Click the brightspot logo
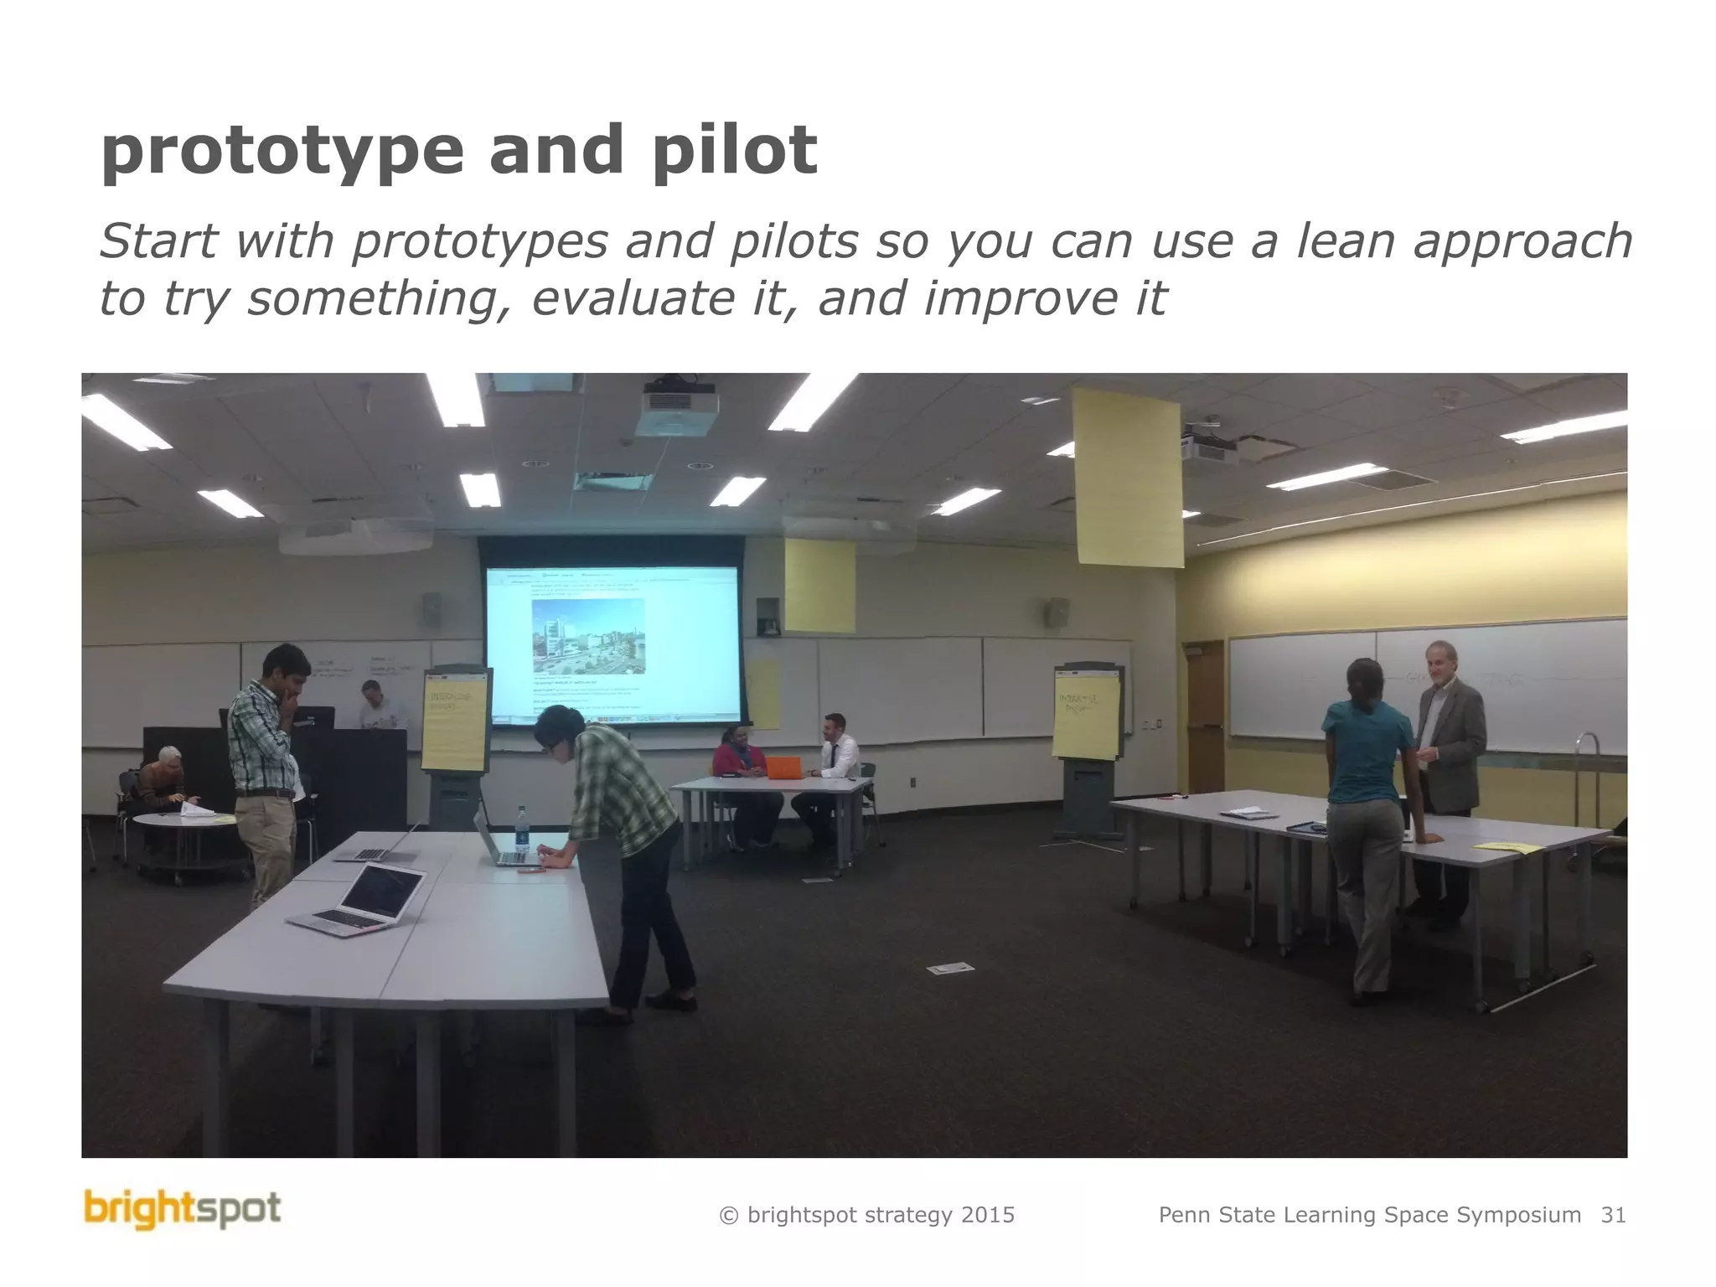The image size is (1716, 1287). [182, 1211]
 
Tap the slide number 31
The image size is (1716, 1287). [1613, 1215]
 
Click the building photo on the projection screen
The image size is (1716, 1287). [588, 635]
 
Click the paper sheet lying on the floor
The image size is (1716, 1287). [950, 969]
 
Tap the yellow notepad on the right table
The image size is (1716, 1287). [1508, 847]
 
